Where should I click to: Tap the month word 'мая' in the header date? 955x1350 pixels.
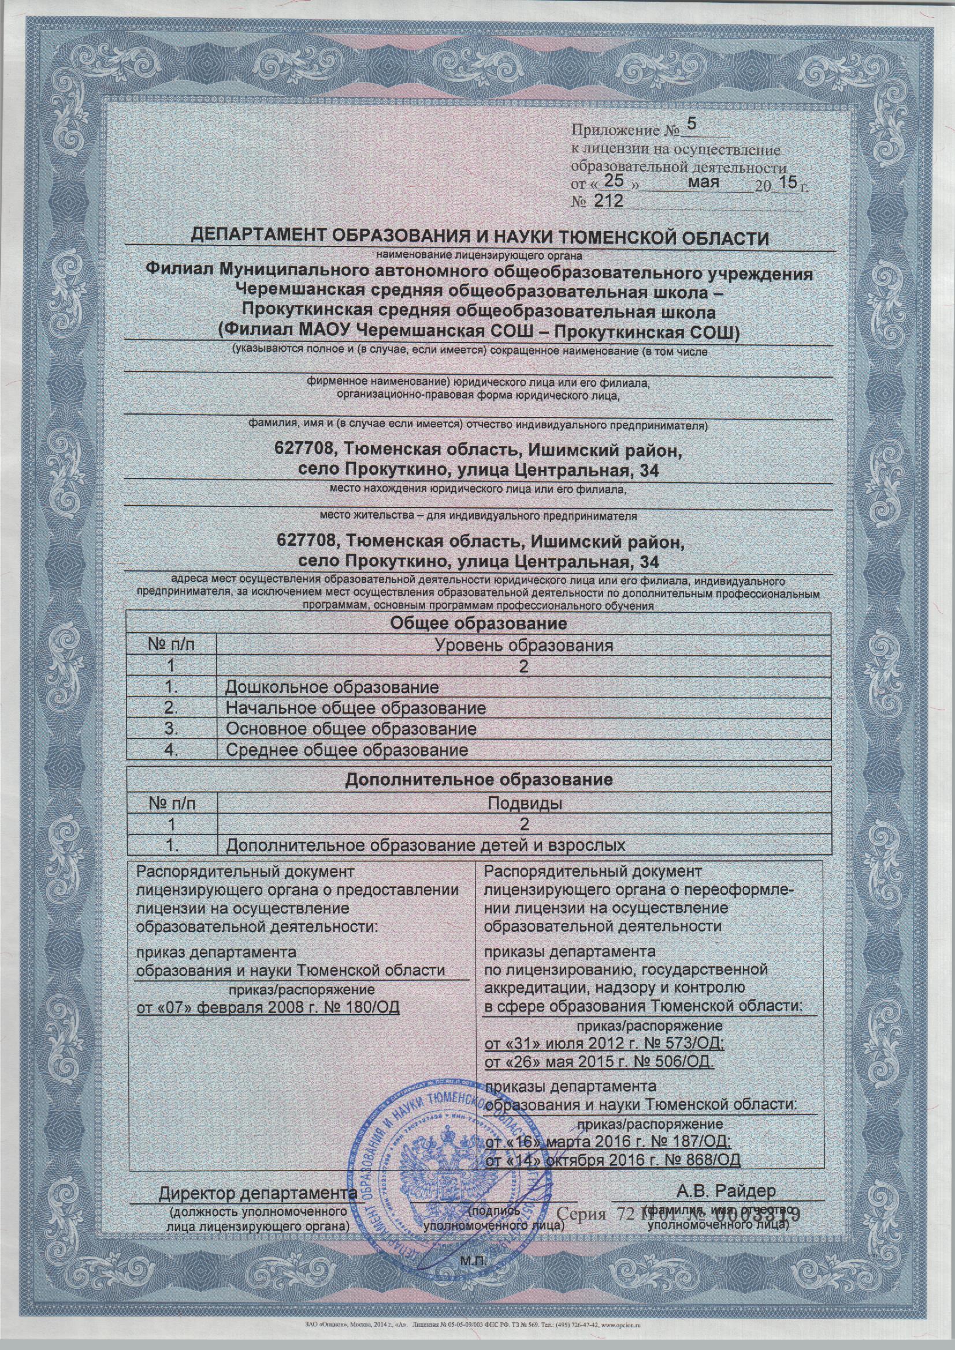(705, 182)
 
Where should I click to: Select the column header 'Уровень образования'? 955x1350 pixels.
(523, 645)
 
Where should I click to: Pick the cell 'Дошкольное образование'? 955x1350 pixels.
(332, 687)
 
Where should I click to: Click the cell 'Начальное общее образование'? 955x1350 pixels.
(355, 708)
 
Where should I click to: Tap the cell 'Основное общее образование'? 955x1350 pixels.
(351, 729)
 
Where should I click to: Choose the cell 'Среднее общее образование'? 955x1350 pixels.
(347, 750)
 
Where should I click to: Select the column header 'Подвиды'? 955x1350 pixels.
(523, 803)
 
